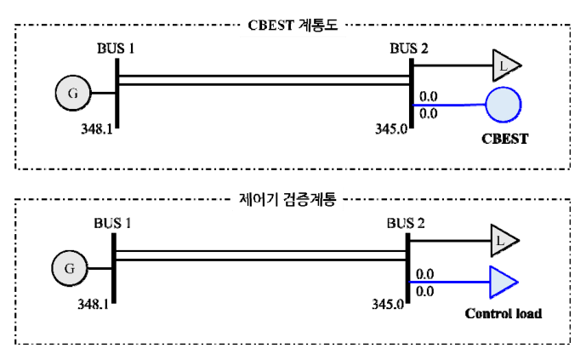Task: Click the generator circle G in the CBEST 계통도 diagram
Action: click(73, 93)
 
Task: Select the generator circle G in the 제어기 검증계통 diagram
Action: click(70, 268)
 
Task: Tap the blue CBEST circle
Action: click(504, 105)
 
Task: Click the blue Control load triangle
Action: click(502, 283)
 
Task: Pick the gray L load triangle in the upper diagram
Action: click(504, 66)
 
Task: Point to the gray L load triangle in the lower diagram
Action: click(502, 241)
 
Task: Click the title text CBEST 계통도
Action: click(293, 25)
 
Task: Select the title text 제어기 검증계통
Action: click(287, 199)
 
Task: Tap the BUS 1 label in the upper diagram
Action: click(116, 49)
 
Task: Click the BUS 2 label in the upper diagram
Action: click(409, 49)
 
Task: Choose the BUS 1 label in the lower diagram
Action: click(112, 224)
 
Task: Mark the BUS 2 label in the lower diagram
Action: click(406, 224)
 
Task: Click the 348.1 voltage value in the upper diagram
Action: click(97, 129)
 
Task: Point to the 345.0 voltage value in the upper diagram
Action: click(391, 129)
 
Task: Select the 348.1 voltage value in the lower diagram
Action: click(93, 305)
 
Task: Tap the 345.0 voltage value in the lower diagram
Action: click(388, 305)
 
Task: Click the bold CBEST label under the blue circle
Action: click(505, 139)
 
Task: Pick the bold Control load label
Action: click(504, 313)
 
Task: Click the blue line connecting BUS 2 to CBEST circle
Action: click(450, 105)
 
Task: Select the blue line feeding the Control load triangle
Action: click(450, 282)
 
